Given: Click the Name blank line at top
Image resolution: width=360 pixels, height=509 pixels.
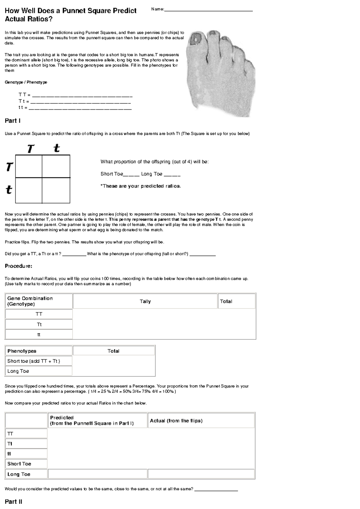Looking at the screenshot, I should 208,10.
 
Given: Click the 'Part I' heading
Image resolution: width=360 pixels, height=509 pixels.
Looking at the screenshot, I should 13,121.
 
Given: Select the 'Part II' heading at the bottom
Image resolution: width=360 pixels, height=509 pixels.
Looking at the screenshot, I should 13,502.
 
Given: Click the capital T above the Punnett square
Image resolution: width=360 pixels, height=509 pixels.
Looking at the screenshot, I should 31,149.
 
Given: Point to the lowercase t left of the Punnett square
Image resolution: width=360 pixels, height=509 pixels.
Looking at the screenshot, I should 9,189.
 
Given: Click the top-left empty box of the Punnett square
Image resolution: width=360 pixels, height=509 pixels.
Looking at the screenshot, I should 29,166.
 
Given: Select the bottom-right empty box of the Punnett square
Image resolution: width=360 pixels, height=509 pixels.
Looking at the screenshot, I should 56,190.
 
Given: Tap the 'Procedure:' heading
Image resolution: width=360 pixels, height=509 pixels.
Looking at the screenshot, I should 18,266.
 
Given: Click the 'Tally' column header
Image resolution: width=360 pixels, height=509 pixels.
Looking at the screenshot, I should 145,301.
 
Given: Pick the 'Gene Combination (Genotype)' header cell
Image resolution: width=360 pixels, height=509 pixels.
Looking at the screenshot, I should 39,301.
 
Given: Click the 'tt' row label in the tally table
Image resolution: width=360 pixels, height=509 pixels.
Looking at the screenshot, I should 39,335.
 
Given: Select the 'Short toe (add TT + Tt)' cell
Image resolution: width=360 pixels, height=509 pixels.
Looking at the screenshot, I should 39,361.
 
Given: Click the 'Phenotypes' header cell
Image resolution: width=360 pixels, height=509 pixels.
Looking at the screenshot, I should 39,351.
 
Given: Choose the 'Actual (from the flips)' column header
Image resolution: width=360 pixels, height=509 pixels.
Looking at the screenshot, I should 201,421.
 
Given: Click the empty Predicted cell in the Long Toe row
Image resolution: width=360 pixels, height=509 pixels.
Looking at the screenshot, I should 97,474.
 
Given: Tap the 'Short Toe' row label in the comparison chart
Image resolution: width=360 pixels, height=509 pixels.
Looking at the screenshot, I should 26,464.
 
